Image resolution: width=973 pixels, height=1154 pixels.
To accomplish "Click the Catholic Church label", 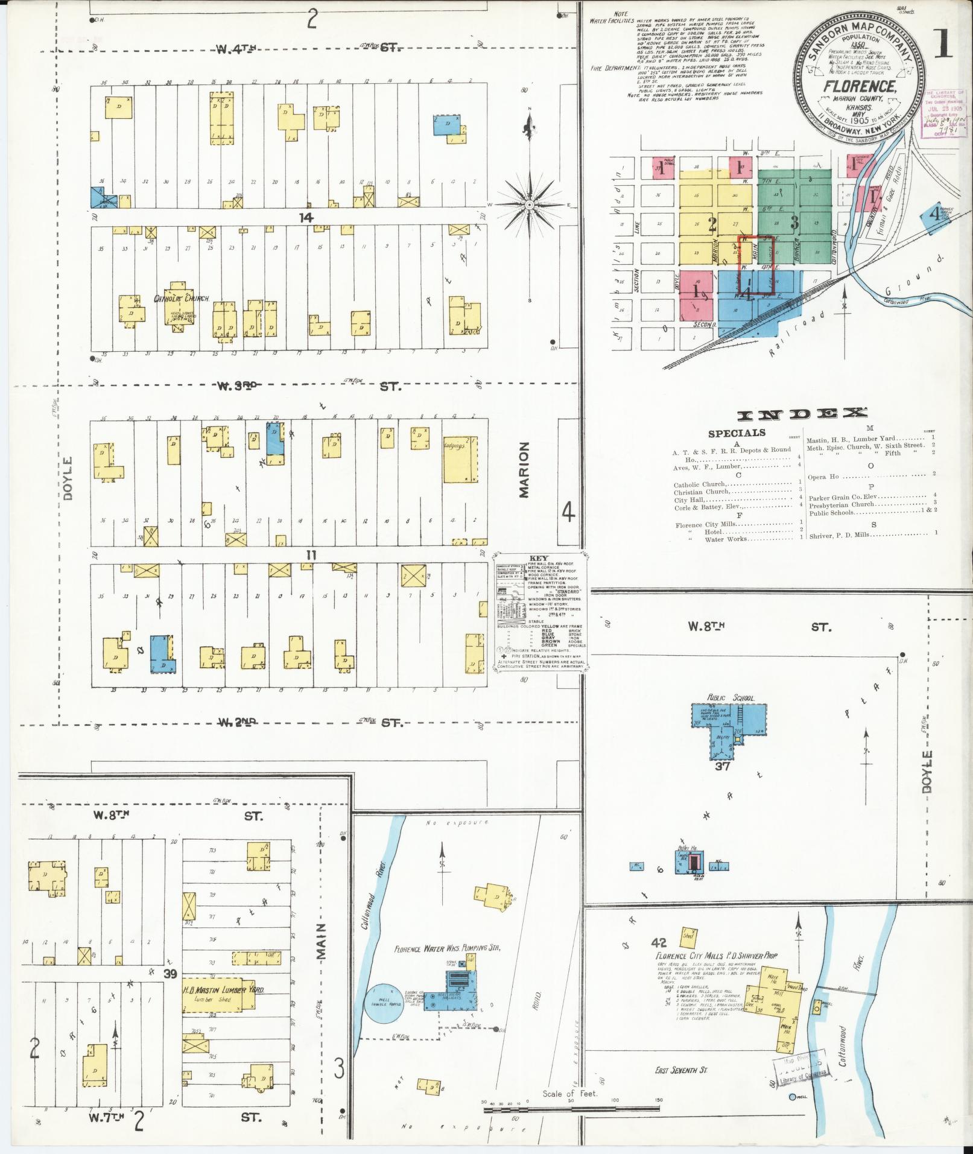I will tap(182, 299).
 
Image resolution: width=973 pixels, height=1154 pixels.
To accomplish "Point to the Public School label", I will tap(731, 698).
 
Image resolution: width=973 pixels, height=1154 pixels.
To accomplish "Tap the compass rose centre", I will tap(529, 205).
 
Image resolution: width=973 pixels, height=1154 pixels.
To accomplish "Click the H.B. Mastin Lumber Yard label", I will tap(224, 990).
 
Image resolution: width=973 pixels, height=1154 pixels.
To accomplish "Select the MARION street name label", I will tap(524, 470).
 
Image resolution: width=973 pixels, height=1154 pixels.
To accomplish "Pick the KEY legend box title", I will tap(538, 558).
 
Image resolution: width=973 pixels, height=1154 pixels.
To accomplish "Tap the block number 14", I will tap(307, 217).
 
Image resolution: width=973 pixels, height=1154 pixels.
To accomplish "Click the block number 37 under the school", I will tap(722, 766).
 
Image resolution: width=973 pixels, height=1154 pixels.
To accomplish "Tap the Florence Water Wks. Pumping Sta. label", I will tap(448, 948).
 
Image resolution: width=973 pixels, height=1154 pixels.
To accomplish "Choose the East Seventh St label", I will tap(681, 1070).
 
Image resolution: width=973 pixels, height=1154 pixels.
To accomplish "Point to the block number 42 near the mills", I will tap(659, 942).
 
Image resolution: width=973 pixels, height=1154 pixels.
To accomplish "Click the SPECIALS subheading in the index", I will tap(737, 433).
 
